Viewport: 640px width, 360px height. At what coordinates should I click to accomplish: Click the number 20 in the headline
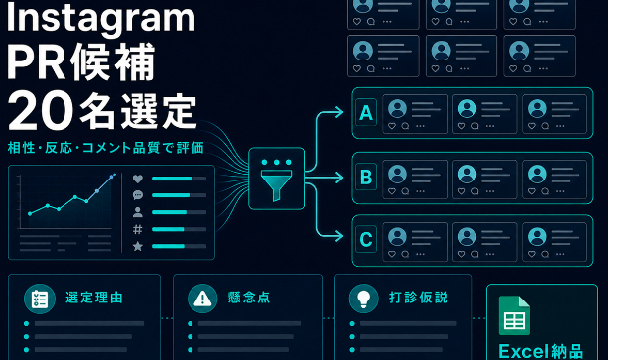click(x=40, y=111)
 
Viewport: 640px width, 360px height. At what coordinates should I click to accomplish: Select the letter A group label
click(x=366, y=112)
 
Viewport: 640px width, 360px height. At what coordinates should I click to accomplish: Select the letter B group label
click(x=366, y=177)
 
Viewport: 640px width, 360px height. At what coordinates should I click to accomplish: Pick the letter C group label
click(x=366, y=239)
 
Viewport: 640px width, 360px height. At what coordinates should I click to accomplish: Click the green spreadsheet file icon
click(x=514, y=315)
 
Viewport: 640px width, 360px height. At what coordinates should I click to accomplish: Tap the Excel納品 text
click(x=541, y=351)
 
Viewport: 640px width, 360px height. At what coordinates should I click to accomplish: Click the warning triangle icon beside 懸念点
click(x=202, y=299)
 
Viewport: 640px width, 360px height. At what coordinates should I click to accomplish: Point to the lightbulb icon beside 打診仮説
click(x=364, y=299)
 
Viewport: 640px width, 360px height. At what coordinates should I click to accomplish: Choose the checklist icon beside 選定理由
click(x=40, y=299)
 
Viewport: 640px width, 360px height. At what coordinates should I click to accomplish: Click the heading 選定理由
click(x=94, y=298)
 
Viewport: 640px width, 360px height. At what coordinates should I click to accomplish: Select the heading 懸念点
click(x=249, y=298)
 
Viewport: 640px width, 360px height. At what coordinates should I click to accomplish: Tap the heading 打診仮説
click(x=418, y=298)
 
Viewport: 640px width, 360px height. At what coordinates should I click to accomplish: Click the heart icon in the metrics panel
click(x=138, y=179)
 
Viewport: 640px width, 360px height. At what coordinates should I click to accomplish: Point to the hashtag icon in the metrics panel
click(x=138, y=229)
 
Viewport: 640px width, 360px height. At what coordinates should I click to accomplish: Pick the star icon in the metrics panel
click(x=138, y=246)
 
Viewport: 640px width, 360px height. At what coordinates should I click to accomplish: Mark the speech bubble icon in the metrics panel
click(x=138, y=195)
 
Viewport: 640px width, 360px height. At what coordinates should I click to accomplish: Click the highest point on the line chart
click(x=112, y=177)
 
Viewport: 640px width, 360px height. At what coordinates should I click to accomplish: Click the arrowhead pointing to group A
click(x=339, y=112)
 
